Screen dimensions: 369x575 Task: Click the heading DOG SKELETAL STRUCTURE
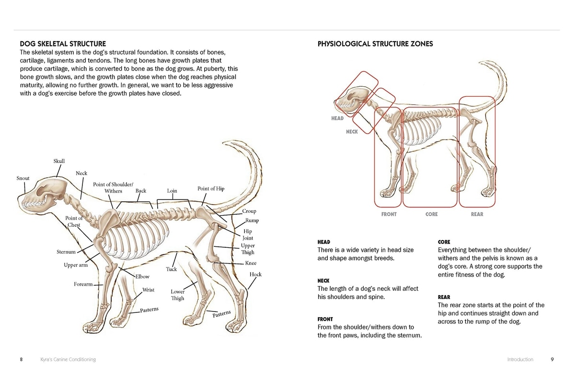click(x=63, y=44)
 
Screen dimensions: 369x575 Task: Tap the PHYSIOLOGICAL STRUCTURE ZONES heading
click(x=375, y=44)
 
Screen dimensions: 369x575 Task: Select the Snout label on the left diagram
click(x=23, y=178)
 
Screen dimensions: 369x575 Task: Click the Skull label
click(x=59, y=161)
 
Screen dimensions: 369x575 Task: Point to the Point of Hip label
click(x=211, y=188)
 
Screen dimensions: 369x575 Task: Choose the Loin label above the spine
click(x=172, y=191)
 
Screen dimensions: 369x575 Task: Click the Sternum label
click(x=66, y=252)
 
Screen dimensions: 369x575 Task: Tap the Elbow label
click(x=142, y=277)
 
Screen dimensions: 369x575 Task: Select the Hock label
click(x=255, y=274)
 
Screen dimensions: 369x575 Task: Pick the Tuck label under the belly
click(x=172, y=269)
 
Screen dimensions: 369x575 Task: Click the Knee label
click(x=251, y=263)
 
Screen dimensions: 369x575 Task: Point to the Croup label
click(x=249, y=211)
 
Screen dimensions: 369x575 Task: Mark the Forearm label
click(x=83, y=284)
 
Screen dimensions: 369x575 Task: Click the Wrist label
click(x=149, y=290)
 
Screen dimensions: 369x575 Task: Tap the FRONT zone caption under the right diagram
click(x=389, y=214)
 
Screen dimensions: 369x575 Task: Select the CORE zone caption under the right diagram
click(x=431, y=214)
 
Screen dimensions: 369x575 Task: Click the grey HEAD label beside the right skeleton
click(x=337, y=118)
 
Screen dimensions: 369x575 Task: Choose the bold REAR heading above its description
click(x=444, y=297)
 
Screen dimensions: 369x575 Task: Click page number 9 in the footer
click(x=552, y=359)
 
